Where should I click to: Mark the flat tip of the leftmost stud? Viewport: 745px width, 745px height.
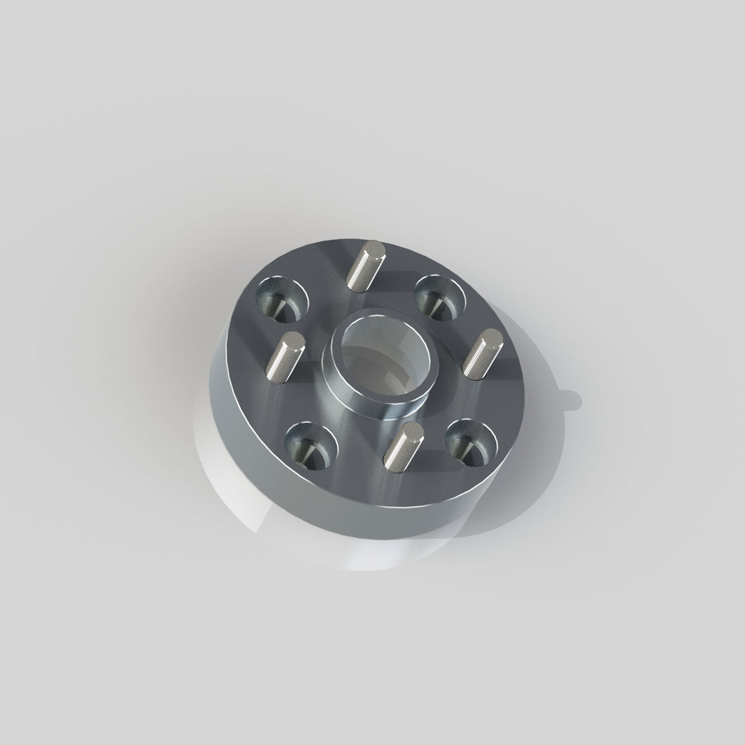(x=294, y=339)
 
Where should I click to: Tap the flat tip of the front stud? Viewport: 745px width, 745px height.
(x=414, y=430)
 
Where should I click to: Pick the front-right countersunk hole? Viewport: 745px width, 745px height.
(x=471, y=441)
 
